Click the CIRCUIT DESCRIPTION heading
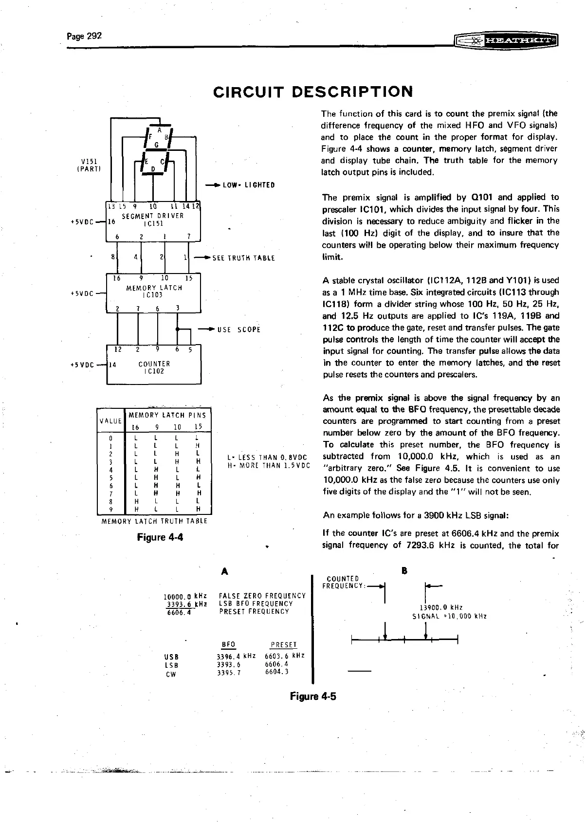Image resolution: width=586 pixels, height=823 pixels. pyautogui.click(x=313, y=91)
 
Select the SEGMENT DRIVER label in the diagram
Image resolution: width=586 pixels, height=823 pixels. pyautogui.click(x=152, y=216)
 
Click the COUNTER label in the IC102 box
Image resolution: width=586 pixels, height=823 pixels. pyautogui.click(x=154, y=364)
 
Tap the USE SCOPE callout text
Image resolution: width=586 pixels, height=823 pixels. pyautogui.click(x=239, y=330)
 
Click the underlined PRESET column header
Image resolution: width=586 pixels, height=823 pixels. pyautogui.click(x=283, y=645)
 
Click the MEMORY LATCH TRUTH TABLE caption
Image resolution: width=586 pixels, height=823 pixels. pyautogui.click(x=154, y=521)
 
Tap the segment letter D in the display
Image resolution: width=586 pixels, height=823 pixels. pyautogui.click(x=153, y=169)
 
